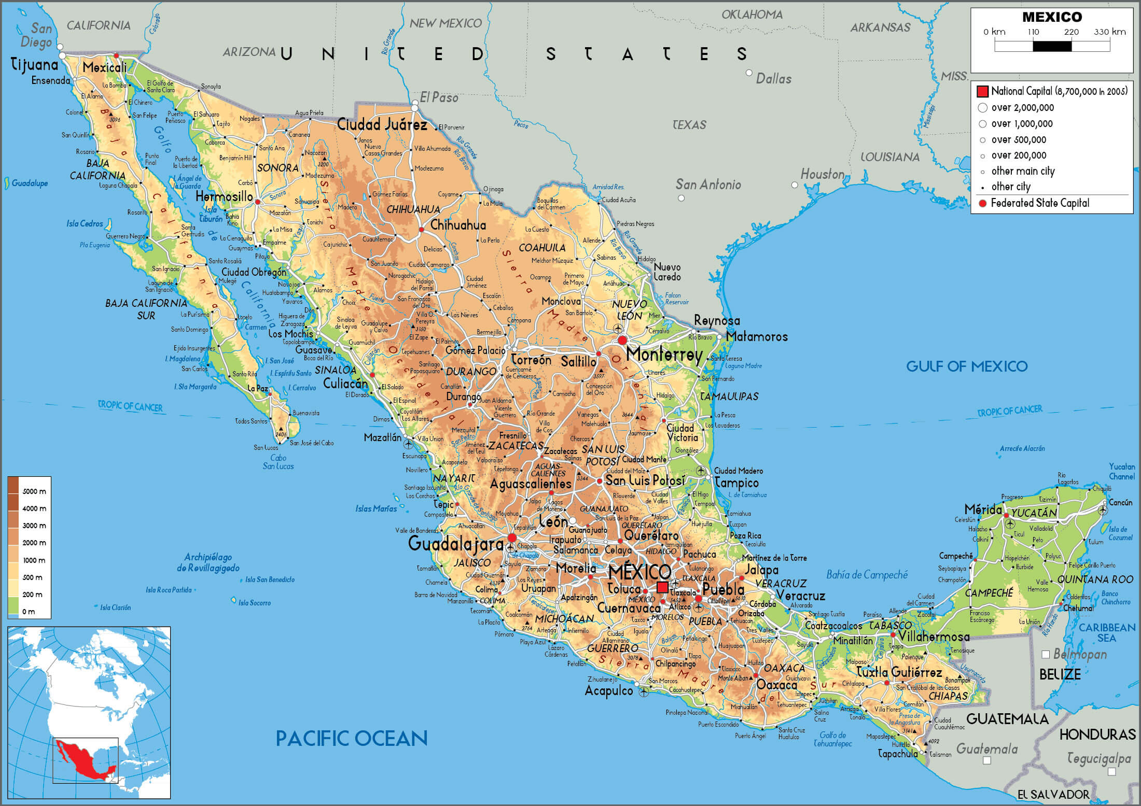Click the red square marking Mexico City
[662, 587]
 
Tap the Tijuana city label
[34, 65]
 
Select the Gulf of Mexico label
[966, 366]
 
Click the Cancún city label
[1120, 502]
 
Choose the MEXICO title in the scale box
[1052, 17]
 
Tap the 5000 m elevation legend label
[34, 491]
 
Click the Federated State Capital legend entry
[1039, 203]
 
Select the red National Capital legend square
[982, 92]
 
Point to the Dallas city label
[773, 79]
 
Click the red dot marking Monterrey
[622, 340]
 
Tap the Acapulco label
[608, 691]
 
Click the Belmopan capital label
[1080, 655]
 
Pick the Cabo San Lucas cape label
[278, 462]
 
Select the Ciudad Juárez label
[382, 124]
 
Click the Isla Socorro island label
[254, 603]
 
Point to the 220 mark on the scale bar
[1072, 32]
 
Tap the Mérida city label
[983, 509]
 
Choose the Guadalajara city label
[455, 544]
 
